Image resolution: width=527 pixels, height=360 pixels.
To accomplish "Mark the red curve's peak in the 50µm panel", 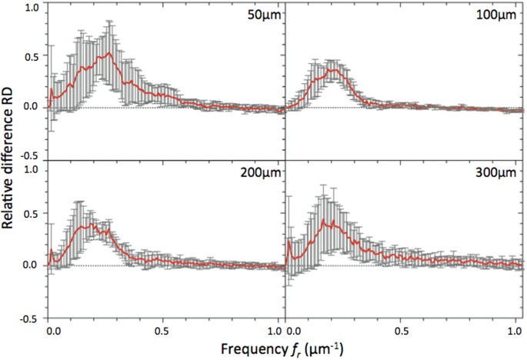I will pyautogui.click(x=111, y=53).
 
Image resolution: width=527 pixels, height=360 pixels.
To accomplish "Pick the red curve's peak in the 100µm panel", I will pyautogui.click(x=332, y=69).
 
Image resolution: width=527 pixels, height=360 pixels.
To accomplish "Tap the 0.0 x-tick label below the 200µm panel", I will pyautogui.click(x=52, y=329).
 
